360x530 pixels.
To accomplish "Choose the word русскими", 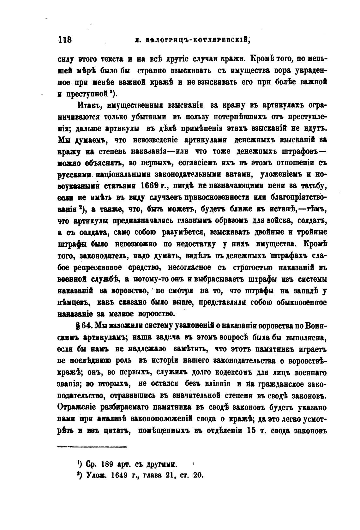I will tap(75, 174).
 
